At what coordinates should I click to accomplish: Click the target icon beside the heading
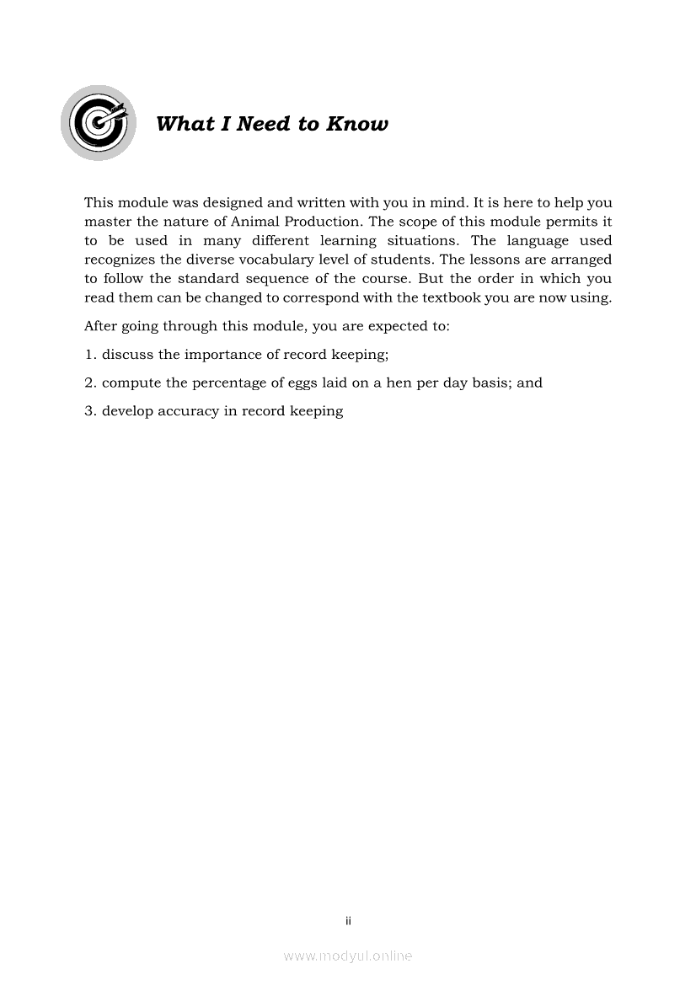pyautogui.click(x=99, y=123)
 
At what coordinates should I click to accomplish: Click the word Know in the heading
pyautogui.click(x=357, y=125)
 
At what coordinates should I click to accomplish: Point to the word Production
pyautogui.click(x=322, y=222)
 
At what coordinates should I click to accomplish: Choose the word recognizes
pyautogui.click(x=122, y=260)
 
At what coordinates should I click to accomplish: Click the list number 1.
pyautogui.click(x=89, y=354)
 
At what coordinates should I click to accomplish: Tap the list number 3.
pyautogui.click(x=89, y=411)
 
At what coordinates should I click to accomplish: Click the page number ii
pyautogui.click(x=348, y=921)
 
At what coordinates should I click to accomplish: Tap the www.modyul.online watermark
pyautogui.click(x=348, y=956)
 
